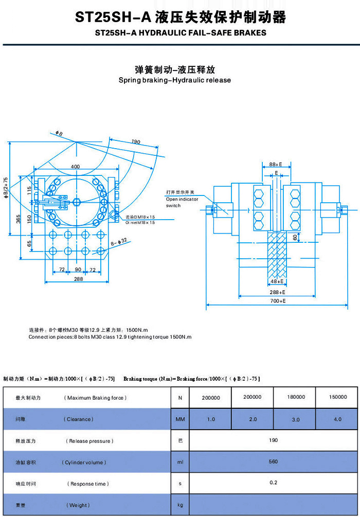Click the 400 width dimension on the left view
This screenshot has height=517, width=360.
(x=75, y=167)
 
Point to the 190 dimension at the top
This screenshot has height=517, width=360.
(x=135, y=142)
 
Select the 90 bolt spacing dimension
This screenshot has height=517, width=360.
(x=78, y=269)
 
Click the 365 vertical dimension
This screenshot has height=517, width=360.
(x=18, y=219)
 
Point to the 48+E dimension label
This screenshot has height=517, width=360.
(x=277, y=281)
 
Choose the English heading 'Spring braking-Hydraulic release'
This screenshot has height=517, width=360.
(x=175, y=80)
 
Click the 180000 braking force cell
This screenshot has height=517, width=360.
(x=295, y=397)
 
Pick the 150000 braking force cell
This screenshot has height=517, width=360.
(x=337, y=397)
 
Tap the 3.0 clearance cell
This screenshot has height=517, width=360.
(x=295, y=419)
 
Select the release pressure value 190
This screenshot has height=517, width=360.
(x=274, y=440)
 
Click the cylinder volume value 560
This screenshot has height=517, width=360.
(x=274, y=461)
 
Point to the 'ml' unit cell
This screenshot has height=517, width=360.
(x=180, y=462)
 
